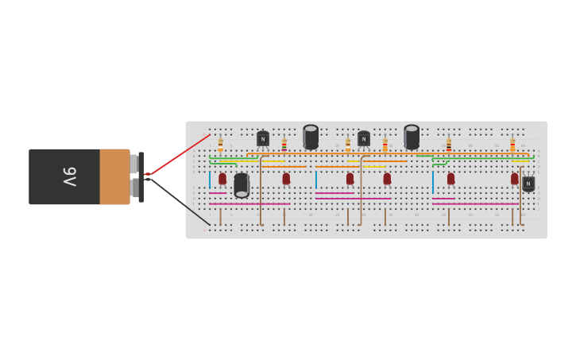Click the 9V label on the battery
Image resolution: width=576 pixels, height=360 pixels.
(x=68, y=176)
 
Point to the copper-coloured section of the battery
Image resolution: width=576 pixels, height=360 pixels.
(x=114, y=176)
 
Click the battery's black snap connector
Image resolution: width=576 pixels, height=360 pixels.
(x=141, y=176)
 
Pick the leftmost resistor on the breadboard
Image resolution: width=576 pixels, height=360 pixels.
(x=220, y=145)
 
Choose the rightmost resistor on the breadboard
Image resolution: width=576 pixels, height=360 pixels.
(x=512, y=145)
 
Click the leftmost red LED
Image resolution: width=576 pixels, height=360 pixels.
(x=222, y=179)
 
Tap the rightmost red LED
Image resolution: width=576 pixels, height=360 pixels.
(x=515, y=179)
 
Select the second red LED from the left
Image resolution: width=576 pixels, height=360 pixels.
(x=286, y=179)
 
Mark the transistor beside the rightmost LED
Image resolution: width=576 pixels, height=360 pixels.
(x=528, y=183)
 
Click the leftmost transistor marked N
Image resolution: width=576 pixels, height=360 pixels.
(x=263, y=138)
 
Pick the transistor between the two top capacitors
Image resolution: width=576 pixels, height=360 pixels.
(x=364, y=138)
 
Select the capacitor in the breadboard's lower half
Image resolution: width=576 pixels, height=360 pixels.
(x=242, y=184)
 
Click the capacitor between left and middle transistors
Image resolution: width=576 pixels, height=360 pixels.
(x=311, y=137)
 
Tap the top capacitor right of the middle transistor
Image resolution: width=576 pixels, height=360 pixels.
(x=412, y=137)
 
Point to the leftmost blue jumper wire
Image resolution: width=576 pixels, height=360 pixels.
(x=210, y=180)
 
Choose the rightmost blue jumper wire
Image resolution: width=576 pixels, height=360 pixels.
(x=433, y=182)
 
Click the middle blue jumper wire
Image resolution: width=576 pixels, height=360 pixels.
(x=316, y=180)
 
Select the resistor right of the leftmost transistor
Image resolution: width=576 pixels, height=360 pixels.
(x=284, y=145)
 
